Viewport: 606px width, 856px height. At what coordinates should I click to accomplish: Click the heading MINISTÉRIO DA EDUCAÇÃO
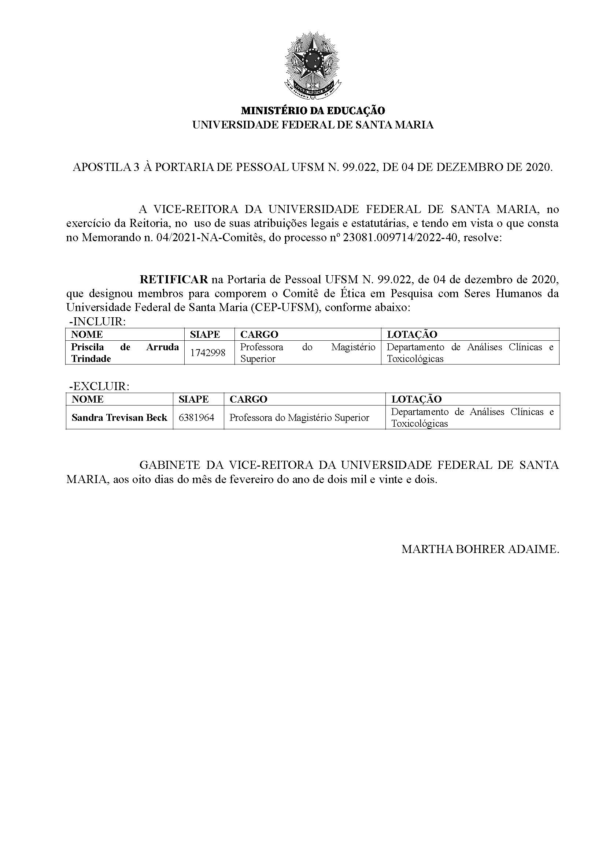click(x=313, y=111)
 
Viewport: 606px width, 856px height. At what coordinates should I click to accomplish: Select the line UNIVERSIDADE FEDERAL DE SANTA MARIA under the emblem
click(x=313, y=125)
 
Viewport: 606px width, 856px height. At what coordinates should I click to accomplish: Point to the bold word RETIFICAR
click(x=174, y=279)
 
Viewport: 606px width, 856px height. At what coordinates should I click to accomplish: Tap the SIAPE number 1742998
click(x=208, y=353)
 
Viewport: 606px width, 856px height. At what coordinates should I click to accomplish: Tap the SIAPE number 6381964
click(x=196, y=418)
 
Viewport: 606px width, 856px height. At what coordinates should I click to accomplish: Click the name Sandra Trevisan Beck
click(x=119, y=418)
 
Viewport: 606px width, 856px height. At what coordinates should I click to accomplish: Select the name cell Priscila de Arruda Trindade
click(x=125, y=353)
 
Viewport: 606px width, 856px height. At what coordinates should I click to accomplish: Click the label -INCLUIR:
click(x=97, y=322)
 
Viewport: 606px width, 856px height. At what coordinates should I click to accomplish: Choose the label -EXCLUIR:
click(x=99, y=386)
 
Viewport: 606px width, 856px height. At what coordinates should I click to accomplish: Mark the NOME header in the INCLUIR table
click(x=87, y=334)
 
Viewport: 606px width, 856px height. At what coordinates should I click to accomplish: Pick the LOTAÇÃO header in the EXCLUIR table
click(x=416, y=399)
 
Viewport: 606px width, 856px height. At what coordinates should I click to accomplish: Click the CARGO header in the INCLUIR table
click(x=259, y=334)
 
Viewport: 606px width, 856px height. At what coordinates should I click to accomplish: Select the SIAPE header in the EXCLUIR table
click(x=193, y=399)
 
